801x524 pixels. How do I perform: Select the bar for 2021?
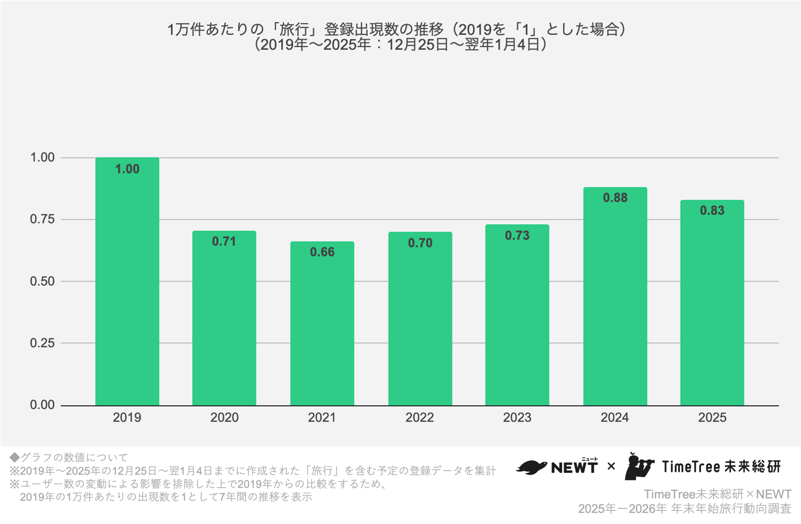(322, 328)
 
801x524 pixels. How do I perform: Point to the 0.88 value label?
(615, 198)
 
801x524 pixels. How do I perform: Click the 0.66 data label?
(322, 252)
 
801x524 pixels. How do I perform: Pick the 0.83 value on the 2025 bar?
(712, 211)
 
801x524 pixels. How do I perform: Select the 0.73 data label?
(517, 235)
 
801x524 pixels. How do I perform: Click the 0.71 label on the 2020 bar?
(224, 241)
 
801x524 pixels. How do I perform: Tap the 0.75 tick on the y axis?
(42, 219)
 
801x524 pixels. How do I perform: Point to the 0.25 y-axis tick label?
(42, 343)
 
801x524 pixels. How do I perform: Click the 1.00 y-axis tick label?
(42, 157)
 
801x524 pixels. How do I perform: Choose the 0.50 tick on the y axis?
(42, 281)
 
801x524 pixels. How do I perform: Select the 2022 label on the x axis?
(419, 418)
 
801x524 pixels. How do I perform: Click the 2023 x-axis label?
(517, 418)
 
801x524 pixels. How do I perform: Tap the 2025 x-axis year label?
(712, 418)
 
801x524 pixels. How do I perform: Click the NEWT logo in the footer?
(557, 467)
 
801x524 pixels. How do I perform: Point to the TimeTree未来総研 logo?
(703, 467)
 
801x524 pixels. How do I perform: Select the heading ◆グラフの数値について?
(68, 458)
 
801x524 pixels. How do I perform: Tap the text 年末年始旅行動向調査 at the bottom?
(731, 509)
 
